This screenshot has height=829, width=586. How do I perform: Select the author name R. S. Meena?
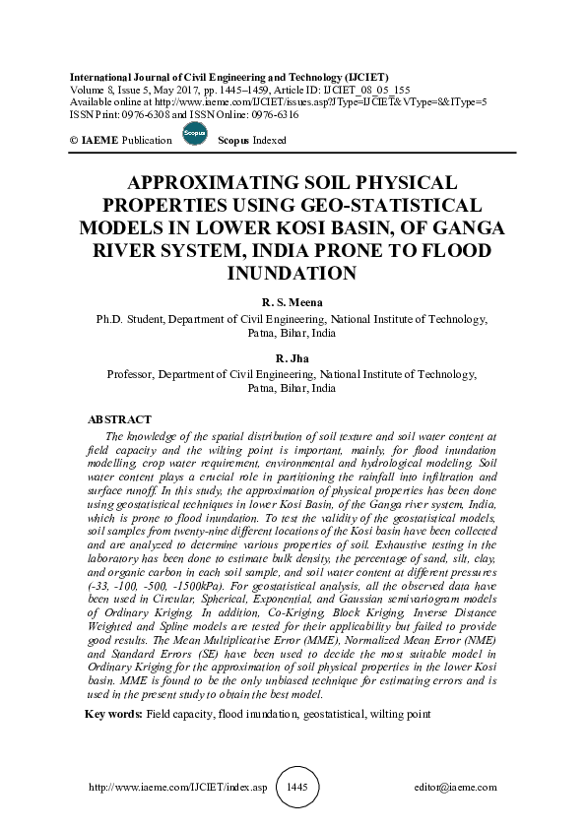(x=293, y=302)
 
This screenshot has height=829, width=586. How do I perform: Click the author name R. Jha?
(x=293, y=357)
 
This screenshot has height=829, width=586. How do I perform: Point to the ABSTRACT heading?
(x=119, y=419)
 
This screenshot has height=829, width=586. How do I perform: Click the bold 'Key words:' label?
(x=114, y=712)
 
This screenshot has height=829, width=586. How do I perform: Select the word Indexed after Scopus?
(x=268, y=140)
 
